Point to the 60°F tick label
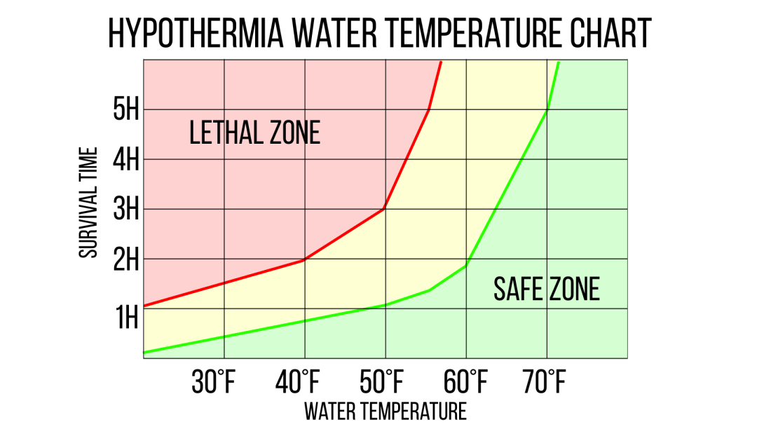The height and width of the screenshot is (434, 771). (465, 384)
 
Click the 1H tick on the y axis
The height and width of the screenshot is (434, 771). (126, 318)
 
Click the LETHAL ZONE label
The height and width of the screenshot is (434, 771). (254, 133)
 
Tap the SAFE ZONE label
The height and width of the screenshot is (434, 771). (547, 288)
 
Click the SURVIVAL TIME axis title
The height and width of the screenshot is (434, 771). (88, 202)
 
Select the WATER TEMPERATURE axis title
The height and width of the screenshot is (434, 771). (385, 411)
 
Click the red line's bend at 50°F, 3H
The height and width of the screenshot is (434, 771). (384, 209)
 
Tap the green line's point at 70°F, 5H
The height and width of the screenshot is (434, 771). (546, 110)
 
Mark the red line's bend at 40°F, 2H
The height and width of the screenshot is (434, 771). (304, 259)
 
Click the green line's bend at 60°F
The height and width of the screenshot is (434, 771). (465, 266)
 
